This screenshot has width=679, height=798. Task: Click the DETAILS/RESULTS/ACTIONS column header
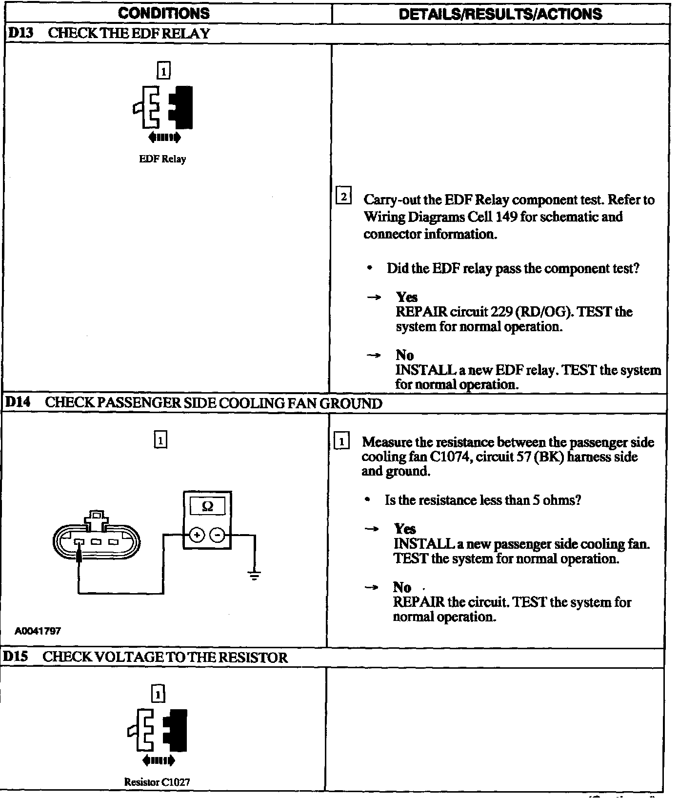pyautogui.click(x=500, y=14)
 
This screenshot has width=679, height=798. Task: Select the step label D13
pyautogui.click(x=19, y=34)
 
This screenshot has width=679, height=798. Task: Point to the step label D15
pyautogui.click(x=16, y=657)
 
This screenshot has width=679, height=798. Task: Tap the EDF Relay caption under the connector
pyautogui.click(x=162, y=159)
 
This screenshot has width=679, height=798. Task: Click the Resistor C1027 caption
pyautogui.click(x=157, y=782)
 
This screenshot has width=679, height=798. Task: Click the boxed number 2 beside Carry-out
pyautogui.click(x=344, y=197)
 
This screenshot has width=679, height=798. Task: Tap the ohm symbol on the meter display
pyautogui.click(x=207, y=506)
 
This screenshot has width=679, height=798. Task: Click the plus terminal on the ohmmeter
pyautogui.click(x=197, y=536)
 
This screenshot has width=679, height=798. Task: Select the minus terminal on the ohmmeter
pyautogui.click(x=218, y=536)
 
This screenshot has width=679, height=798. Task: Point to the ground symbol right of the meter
pyautogui.click(x=254, y=576)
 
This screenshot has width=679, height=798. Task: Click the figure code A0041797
pyautogui.click(x=38, y=631)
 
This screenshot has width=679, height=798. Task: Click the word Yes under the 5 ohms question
pyautogui.click(x=405, y=529)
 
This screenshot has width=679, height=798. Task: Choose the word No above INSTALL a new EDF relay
pyautogui.click(x=404, y=355)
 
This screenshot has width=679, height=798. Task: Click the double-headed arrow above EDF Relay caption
pyautogui.click(x=164, y=138)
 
